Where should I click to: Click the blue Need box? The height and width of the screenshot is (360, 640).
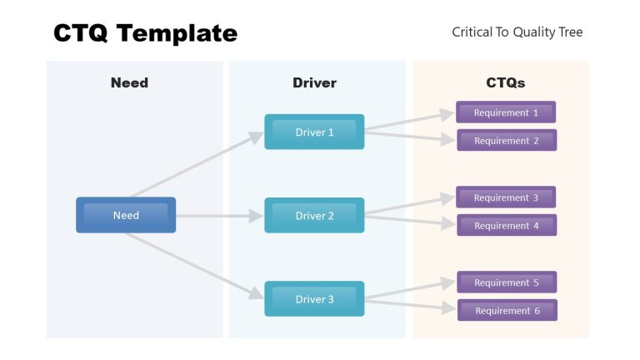[126, 215]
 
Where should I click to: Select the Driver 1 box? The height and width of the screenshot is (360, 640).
[314, 132]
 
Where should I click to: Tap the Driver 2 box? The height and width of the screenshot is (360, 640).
[314, 215]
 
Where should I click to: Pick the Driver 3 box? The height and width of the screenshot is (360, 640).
[314, 299]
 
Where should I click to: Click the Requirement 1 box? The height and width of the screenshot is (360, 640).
[506, 112]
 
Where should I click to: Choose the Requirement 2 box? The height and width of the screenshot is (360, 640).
[506, 141]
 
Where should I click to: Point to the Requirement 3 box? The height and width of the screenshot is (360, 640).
[506, 197]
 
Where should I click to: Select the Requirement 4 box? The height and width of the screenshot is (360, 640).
[506, 226]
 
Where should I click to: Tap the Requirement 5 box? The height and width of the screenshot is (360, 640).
[506, 282]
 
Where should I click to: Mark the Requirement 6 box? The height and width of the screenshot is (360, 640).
[507, 311]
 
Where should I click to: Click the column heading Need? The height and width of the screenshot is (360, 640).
[129, 82]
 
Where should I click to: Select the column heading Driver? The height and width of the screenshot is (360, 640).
[314, 82]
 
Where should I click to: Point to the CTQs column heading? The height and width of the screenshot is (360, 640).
[505, 82]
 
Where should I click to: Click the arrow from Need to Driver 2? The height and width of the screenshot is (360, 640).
[218, 216]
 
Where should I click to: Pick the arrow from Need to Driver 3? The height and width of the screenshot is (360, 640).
[196, 265]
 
